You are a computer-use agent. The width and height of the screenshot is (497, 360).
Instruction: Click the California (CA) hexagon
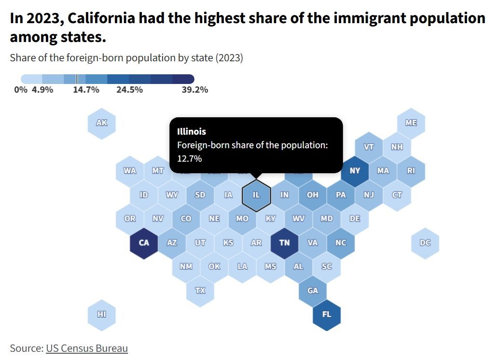pyautogui.click(x=144, y=243)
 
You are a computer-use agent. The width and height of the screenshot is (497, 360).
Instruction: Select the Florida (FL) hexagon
pyautogui.click(x=327, y=315)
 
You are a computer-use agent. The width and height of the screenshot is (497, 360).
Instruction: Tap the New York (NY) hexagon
pyautogui.click(x=355, y=171)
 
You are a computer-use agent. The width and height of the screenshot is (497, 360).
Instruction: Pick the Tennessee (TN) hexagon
pyautogui.click(x=285, y=243)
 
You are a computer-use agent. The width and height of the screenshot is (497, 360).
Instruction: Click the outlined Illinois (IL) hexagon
pyautogui.click(x=256, y=195)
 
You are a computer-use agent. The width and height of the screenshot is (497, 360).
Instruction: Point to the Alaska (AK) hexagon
pyautogui.click(x=102, y=123)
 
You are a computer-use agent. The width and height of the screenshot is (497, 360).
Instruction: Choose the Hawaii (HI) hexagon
pyautogui.click(x=102, y=315)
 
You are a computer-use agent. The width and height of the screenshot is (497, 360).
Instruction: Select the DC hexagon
pyautogui.click(x=426, y=243)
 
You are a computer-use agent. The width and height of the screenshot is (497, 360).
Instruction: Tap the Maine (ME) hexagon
pyautogui.click(x=411, y=123)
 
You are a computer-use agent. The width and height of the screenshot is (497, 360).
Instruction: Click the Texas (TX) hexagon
pyautogui.click(x=200, y=291)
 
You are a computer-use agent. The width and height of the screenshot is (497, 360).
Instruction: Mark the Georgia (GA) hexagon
pyautogui.click(x=313, y=291)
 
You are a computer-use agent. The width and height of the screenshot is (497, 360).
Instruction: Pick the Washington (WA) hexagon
pyautogui.click(x=130, y=171)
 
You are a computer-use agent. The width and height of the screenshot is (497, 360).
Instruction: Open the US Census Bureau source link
pyautogui.click(x=87, y=348)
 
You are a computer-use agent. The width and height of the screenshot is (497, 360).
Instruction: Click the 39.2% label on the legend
pyautogui.click(x=195, y=90)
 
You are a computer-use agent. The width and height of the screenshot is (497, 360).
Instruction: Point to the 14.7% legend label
pyautogui.click(x=86, y=90)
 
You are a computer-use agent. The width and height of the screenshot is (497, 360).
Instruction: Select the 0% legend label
pyautogui.click(x=21, y=90)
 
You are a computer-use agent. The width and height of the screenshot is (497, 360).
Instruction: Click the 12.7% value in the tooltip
pyautogui.click(x=189, y=158)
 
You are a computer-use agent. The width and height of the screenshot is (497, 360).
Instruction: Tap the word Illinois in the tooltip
pyautogui.click(x=192, y=132)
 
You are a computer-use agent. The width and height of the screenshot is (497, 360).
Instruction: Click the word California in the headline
pyautogui.click(x=101, y=18)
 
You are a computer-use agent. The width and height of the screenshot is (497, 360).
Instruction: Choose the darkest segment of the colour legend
pyautogui.click(x=183, y=79)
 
